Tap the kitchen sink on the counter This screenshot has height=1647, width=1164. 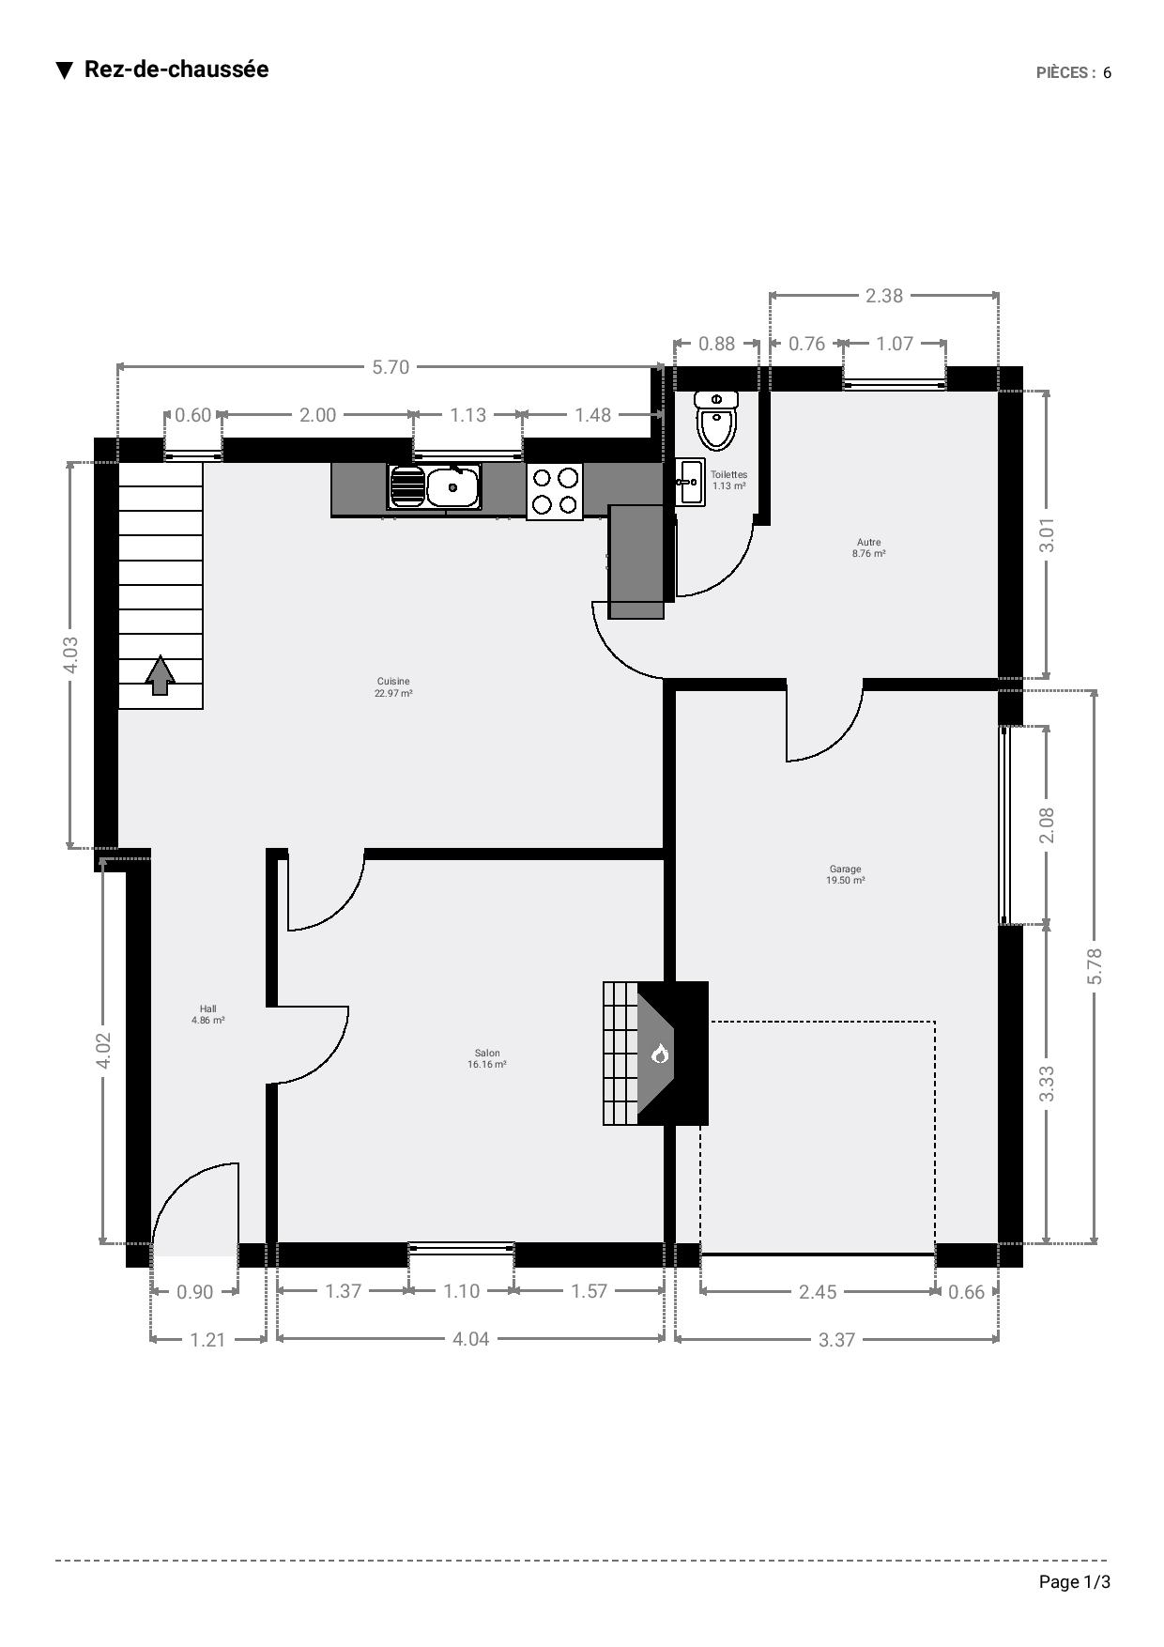click(434, 486)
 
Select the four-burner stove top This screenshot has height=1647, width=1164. click(555, 491)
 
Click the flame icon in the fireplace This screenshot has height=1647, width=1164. click(660, 1054)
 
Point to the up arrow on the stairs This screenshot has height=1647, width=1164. click(161, 675)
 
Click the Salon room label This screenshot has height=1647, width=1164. click(487, 1058)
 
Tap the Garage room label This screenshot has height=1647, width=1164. click(845, 874)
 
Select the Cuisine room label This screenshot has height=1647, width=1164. click(393, 687)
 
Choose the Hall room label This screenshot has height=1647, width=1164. click(207, 1014)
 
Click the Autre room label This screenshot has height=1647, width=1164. click(868, 547)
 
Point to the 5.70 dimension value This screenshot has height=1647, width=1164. click(391, 367)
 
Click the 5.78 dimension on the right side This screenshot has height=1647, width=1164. click(1095, 966)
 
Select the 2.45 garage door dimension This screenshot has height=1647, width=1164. click(818, 1292)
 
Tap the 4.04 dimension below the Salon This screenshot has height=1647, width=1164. click(471, 1339)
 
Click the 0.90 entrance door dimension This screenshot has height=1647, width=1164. click(195, 1292)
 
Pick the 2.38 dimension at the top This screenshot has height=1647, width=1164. click(883, 296)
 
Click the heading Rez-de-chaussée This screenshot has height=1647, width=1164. click(176, 69)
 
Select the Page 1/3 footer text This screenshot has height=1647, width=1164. click(1075, 1582)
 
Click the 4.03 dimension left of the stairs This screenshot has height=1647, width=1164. click(70, 654)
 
